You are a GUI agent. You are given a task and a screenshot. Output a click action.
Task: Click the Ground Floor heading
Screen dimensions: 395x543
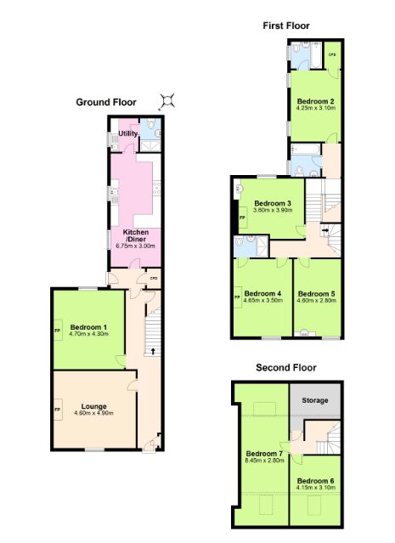point(106,102)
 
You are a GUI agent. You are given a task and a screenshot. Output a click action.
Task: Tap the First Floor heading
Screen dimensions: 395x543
point(286,25)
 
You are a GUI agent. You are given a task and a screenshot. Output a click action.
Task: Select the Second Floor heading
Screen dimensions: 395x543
point(286,367)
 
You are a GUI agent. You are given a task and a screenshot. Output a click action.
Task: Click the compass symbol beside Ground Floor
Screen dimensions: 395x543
point(167,101)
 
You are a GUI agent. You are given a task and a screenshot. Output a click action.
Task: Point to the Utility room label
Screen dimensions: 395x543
point(128,133)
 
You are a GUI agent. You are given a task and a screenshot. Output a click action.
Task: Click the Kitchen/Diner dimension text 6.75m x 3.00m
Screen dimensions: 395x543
point(135,246)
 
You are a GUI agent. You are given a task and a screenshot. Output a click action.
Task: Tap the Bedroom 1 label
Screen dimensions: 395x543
point(88,327)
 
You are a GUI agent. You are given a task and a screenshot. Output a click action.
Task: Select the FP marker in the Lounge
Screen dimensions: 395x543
point(58,410)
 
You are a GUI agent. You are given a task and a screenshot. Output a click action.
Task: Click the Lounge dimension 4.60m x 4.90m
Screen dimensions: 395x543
point(93,413)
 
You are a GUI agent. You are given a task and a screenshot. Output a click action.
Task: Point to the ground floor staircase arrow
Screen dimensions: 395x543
point(153,351)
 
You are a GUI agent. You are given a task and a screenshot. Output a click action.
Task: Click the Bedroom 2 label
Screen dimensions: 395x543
point(316,101)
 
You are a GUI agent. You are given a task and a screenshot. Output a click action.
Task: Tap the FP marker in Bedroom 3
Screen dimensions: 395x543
point(242,218)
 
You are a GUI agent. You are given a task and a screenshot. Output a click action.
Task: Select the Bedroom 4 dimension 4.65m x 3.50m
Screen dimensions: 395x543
point(263,300)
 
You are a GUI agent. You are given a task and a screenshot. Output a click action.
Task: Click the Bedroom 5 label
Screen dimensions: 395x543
point(316,294)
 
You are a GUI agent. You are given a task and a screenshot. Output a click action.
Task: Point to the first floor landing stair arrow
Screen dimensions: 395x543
point(325,229)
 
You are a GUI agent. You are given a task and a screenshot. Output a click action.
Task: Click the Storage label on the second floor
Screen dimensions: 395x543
point(314,400)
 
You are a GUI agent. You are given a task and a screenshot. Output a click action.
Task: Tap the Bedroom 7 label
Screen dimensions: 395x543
point(264,454)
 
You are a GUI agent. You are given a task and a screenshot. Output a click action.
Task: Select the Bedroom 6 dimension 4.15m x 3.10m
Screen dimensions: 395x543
point(316,487)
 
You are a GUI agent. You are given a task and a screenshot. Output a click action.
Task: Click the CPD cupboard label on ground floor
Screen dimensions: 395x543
point(154,278)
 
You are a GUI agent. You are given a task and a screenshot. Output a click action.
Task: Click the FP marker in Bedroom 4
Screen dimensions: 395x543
point(238,297)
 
